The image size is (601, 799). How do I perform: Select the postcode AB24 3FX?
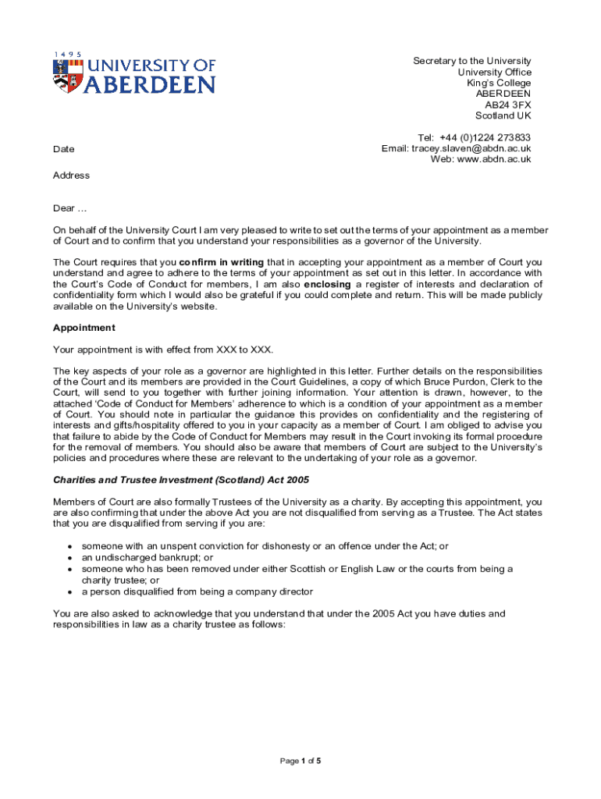point(507,105)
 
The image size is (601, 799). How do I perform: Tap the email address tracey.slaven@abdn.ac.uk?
point(471,148)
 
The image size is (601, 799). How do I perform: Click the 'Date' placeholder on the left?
point(64,149)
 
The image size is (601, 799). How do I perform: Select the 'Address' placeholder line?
point(71,176)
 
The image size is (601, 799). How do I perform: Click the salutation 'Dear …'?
point(69,208)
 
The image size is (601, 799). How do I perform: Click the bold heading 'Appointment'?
point(84,328)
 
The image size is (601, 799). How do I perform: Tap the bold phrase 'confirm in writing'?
point(222,262)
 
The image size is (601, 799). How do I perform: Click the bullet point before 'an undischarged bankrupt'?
point(71,559)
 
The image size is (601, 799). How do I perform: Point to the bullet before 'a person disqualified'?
point(71,592)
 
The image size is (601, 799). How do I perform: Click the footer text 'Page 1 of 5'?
point(300,761)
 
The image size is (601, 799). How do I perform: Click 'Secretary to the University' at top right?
point(471,61)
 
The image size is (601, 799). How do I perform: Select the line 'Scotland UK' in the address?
point(503,115)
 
